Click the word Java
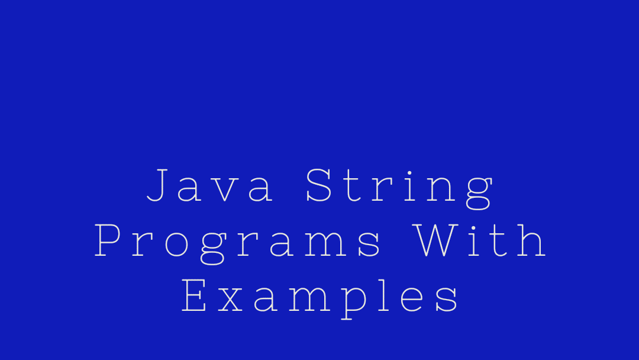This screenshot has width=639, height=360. pos(210,185)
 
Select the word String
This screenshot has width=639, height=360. pos(399,188)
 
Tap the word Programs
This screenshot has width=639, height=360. pos(238,244)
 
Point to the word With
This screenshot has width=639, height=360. pos(480,240)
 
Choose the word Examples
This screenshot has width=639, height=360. pos(320,299)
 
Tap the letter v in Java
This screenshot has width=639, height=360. pos(225,189)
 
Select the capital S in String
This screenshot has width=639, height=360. pos(319,185)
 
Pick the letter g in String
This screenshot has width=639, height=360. pos(479,194)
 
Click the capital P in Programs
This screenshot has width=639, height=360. pos(107,240)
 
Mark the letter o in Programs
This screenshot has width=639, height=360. pos(176,245)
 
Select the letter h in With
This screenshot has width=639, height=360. pos(531,240)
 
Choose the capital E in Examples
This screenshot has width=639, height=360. pos(193,295)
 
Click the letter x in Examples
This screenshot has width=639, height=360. pos(231,300)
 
